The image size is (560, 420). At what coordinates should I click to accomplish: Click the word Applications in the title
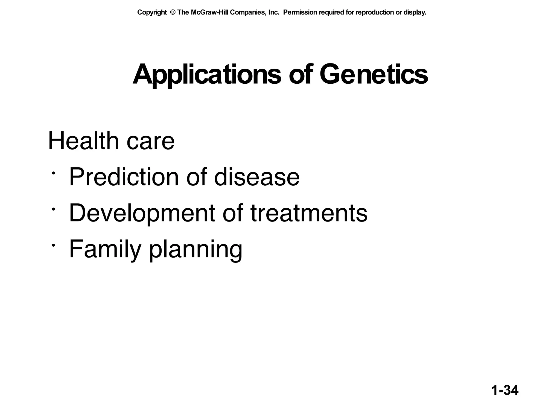pos(207,75)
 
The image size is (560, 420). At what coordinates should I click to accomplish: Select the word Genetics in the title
pos(374,75)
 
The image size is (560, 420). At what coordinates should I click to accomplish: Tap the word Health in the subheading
pos(83,141)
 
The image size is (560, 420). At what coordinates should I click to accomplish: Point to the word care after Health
pos(150,142)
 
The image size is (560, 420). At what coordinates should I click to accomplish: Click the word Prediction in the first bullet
pos(124,177)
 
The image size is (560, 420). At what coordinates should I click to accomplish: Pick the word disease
pos(257,177)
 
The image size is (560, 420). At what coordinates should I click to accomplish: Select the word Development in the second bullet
pos(142,214)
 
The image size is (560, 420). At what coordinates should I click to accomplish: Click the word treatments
pos(309,213)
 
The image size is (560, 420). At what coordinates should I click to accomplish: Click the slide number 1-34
pos(505,390)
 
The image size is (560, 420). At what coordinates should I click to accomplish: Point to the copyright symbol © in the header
pos(172,13)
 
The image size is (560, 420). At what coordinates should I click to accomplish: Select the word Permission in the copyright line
pos(300,13)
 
